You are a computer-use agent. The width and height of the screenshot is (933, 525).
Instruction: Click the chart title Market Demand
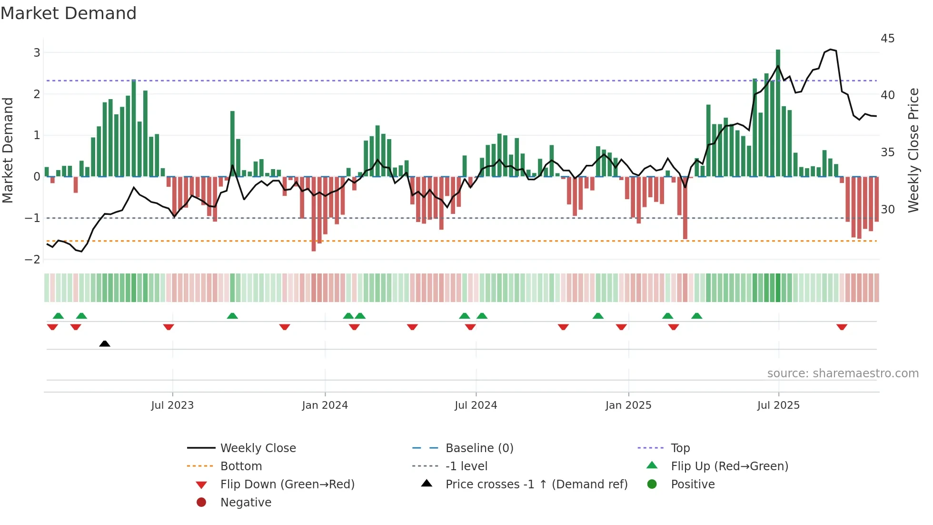tap(69, 13)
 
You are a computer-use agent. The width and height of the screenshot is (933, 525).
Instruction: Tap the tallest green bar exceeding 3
tap(778, 113)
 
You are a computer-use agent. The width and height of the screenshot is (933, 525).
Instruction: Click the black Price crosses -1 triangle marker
tap(105, 343)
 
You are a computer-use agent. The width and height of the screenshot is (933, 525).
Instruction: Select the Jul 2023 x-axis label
tap(172, 405)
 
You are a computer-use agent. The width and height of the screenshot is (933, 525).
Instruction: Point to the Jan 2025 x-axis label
tap(628, 405)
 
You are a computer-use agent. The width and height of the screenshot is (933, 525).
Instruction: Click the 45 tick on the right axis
tap(887, 39)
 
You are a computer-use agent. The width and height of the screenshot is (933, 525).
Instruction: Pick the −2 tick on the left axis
tap(33, 260)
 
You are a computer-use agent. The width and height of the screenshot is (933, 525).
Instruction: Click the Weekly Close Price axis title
tap(913, 151)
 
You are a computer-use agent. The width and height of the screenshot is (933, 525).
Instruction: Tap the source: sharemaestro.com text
tap(843, 374)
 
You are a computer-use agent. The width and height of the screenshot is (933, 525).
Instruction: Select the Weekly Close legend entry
tap(258, 448)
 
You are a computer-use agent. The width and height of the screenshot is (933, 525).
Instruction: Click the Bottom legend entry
tap(241, 466)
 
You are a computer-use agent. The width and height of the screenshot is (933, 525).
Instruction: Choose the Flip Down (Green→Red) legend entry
tap(287, 485)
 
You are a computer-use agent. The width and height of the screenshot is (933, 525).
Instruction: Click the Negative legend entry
tap(246, 503)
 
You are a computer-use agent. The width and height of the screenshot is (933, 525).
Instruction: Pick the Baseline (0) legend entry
tap(479, 448)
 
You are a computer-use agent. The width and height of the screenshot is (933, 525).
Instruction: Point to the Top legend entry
tap(680, 448)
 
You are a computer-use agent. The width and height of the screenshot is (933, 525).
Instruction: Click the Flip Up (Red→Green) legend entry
tap(729, 466)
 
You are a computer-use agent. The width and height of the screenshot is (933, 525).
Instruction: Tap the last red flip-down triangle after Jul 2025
tap(842, 327)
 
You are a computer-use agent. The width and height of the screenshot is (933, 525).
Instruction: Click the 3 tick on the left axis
tap(37, 53)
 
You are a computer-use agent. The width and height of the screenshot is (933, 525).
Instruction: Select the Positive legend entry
tap(692, 485)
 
